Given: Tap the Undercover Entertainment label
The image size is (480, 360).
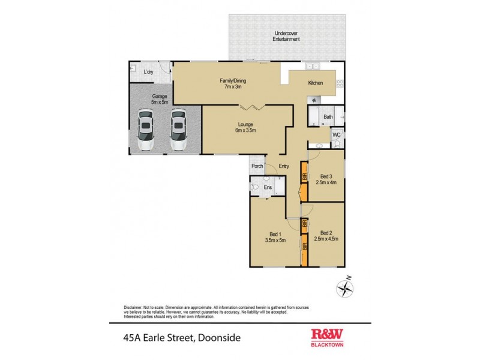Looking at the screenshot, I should coord(286,36).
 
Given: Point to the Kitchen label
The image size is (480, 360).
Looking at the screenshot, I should coord(316,83).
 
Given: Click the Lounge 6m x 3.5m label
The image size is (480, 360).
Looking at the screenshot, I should coord(245,127).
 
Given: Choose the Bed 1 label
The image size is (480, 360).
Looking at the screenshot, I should coord(275,236).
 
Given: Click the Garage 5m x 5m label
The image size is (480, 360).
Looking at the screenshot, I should coord(159,99).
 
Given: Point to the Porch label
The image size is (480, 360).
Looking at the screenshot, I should coord(258,166).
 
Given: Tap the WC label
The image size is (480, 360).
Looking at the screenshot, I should coord(336,135).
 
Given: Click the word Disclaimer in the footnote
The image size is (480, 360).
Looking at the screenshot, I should coord(134,305).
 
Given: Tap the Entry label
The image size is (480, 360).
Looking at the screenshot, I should coord(284,166).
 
